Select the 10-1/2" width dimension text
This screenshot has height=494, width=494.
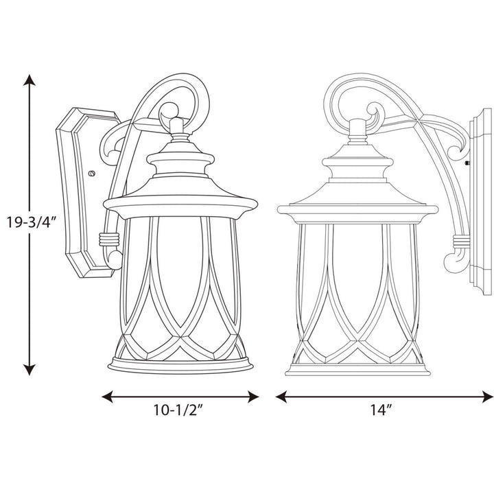180,412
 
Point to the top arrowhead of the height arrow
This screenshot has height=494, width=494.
29,81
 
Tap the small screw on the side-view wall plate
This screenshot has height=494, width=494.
467,163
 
